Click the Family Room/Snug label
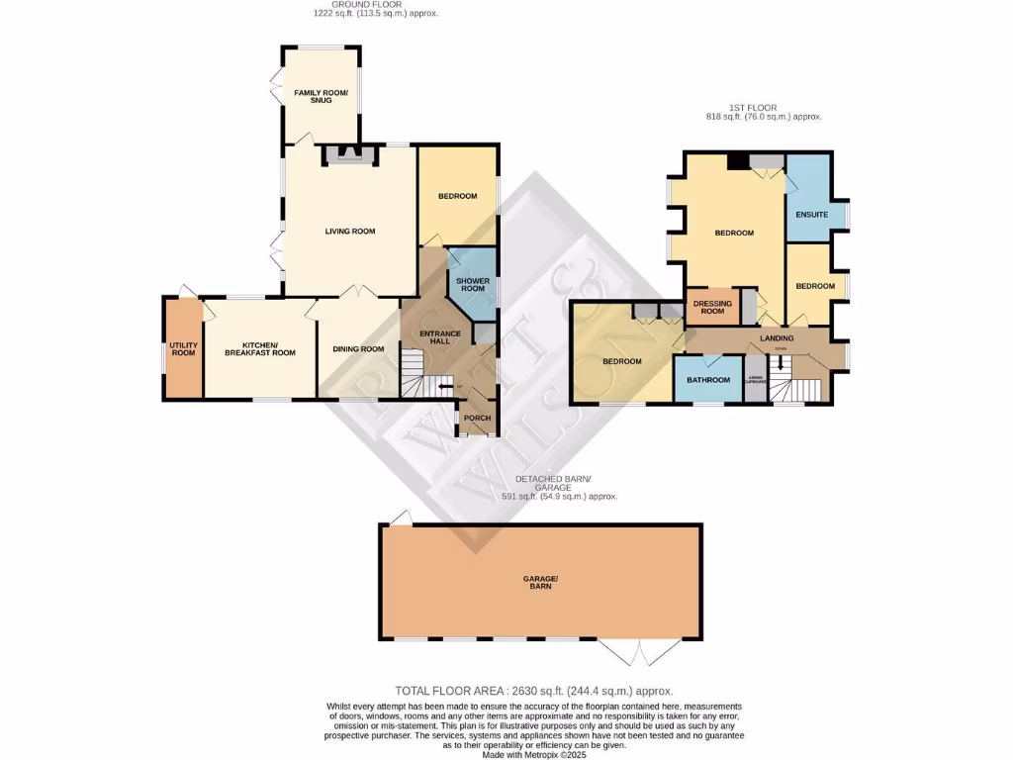[322, 96]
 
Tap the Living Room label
[350, 232]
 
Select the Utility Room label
[184, 349]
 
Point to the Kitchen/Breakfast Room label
[260, 349]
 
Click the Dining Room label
[358, 349]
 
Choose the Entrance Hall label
[440, 337]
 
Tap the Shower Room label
[471, 284]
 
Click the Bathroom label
[709, 381]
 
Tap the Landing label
[777, 338]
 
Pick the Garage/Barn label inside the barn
[540, 582]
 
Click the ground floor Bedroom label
[457, 196]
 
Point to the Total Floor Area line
[534, 691]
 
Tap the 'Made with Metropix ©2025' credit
[534, 754]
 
